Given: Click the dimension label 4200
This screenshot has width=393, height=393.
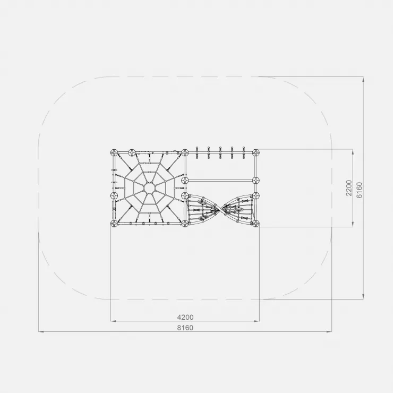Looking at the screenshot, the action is [185, 317].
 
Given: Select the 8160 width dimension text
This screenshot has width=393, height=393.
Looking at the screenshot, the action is [185, 328].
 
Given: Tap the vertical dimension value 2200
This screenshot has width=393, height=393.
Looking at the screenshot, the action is [348, 188].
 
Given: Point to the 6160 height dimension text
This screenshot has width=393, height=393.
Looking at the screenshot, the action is [359, 190].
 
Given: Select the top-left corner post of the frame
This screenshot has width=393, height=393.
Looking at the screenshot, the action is [114, 152].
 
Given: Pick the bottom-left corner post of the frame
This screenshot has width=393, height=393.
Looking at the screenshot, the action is [114, 223].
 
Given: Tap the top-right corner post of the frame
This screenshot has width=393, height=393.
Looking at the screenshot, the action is [255, 152].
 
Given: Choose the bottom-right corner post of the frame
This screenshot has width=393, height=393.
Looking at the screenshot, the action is [255, 223].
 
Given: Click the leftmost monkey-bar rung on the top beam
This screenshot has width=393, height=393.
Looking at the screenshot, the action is [197, 152].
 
